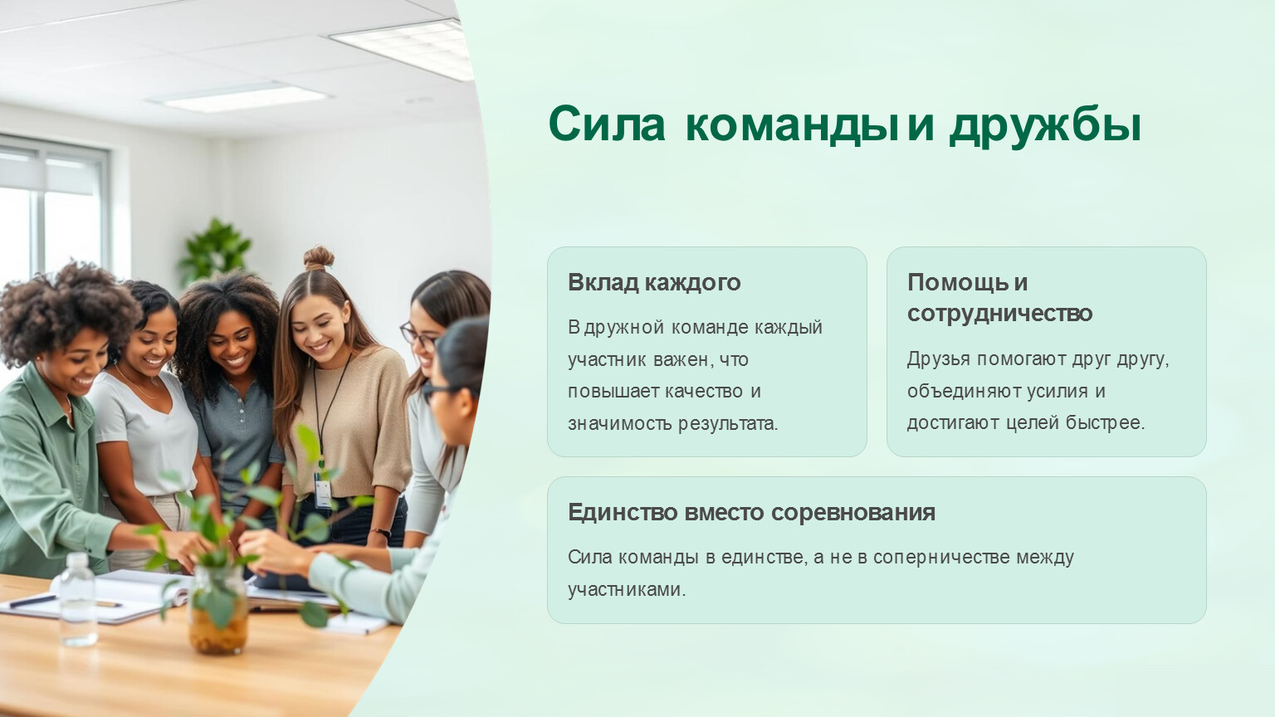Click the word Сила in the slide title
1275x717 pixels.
tap(607, 124)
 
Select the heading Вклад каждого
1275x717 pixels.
tap(654, 283)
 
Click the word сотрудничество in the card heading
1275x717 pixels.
tap(999, 314)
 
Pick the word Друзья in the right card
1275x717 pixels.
tap(938, 359)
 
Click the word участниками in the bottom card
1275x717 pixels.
tap(627, 590)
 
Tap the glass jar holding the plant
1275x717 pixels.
tap(218, 609)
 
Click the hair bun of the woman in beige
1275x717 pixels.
tap(319, 258)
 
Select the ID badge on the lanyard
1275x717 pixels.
tap(323, 490)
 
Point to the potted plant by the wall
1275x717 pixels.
tap(215, 251)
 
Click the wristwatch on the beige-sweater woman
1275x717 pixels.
tap(380, 534)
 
